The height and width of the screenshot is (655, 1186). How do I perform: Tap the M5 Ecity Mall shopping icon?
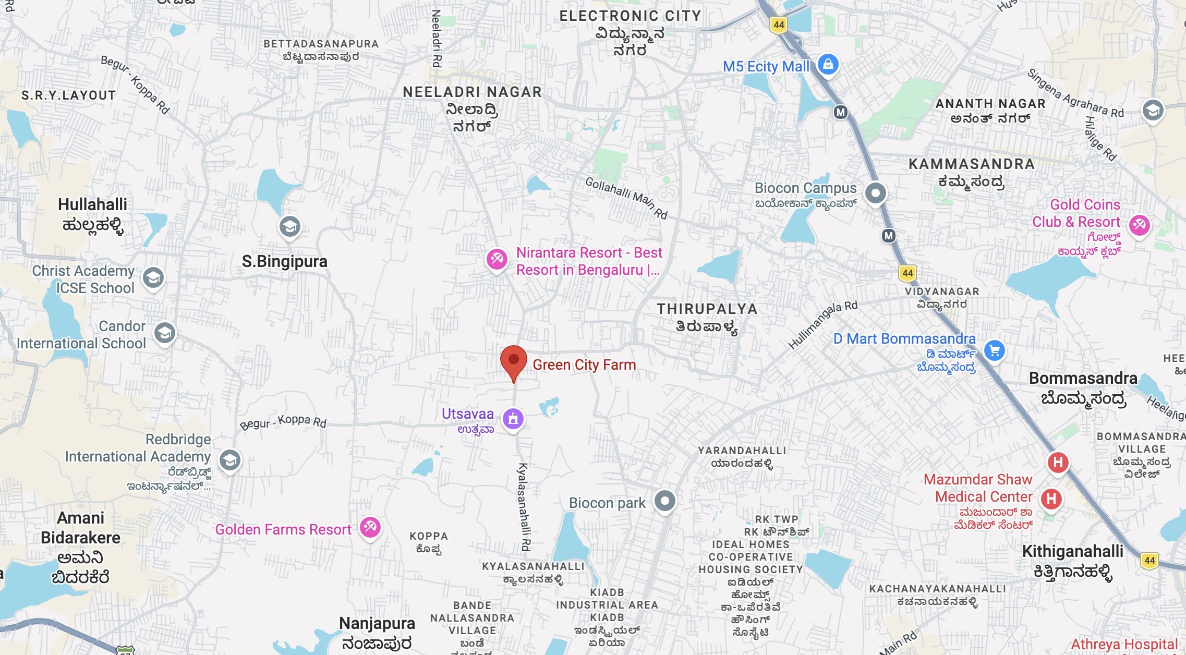828,65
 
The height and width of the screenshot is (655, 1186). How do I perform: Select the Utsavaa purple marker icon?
513,418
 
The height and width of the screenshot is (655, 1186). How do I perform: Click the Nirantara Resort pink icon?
497,259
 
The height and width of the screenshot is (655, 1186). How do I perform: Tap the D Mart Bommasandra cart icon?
994,350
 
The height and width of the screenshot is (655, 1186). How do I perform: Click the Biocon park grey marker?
664,501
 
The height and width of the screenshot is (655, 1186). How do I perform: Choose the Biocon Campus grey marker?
875,193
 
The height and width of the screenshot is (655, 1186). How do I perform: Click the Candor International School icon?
165,333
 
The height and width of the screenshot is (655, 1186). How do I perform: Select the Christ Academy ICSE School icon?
153,277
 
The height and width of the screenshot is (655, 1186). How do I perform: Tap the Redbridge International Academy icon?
229,460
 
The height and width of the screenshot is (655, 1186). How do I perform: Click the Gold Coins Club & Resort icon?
1139,225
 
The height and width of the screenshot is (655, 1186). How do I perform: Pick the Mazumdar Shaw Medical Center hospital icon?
1051,499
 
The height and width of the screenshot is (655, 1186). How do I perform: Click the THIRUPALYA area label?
707,309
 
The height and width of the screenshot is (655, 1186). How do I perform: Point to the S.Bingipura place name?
284,261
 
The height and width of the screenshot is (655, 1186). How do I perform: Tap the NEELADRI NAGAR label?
472,92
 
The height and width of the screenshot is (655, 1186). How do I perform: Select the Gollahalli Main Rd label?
626,198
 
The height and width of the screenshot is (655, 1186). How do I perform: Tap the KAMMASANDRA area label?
971,164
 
